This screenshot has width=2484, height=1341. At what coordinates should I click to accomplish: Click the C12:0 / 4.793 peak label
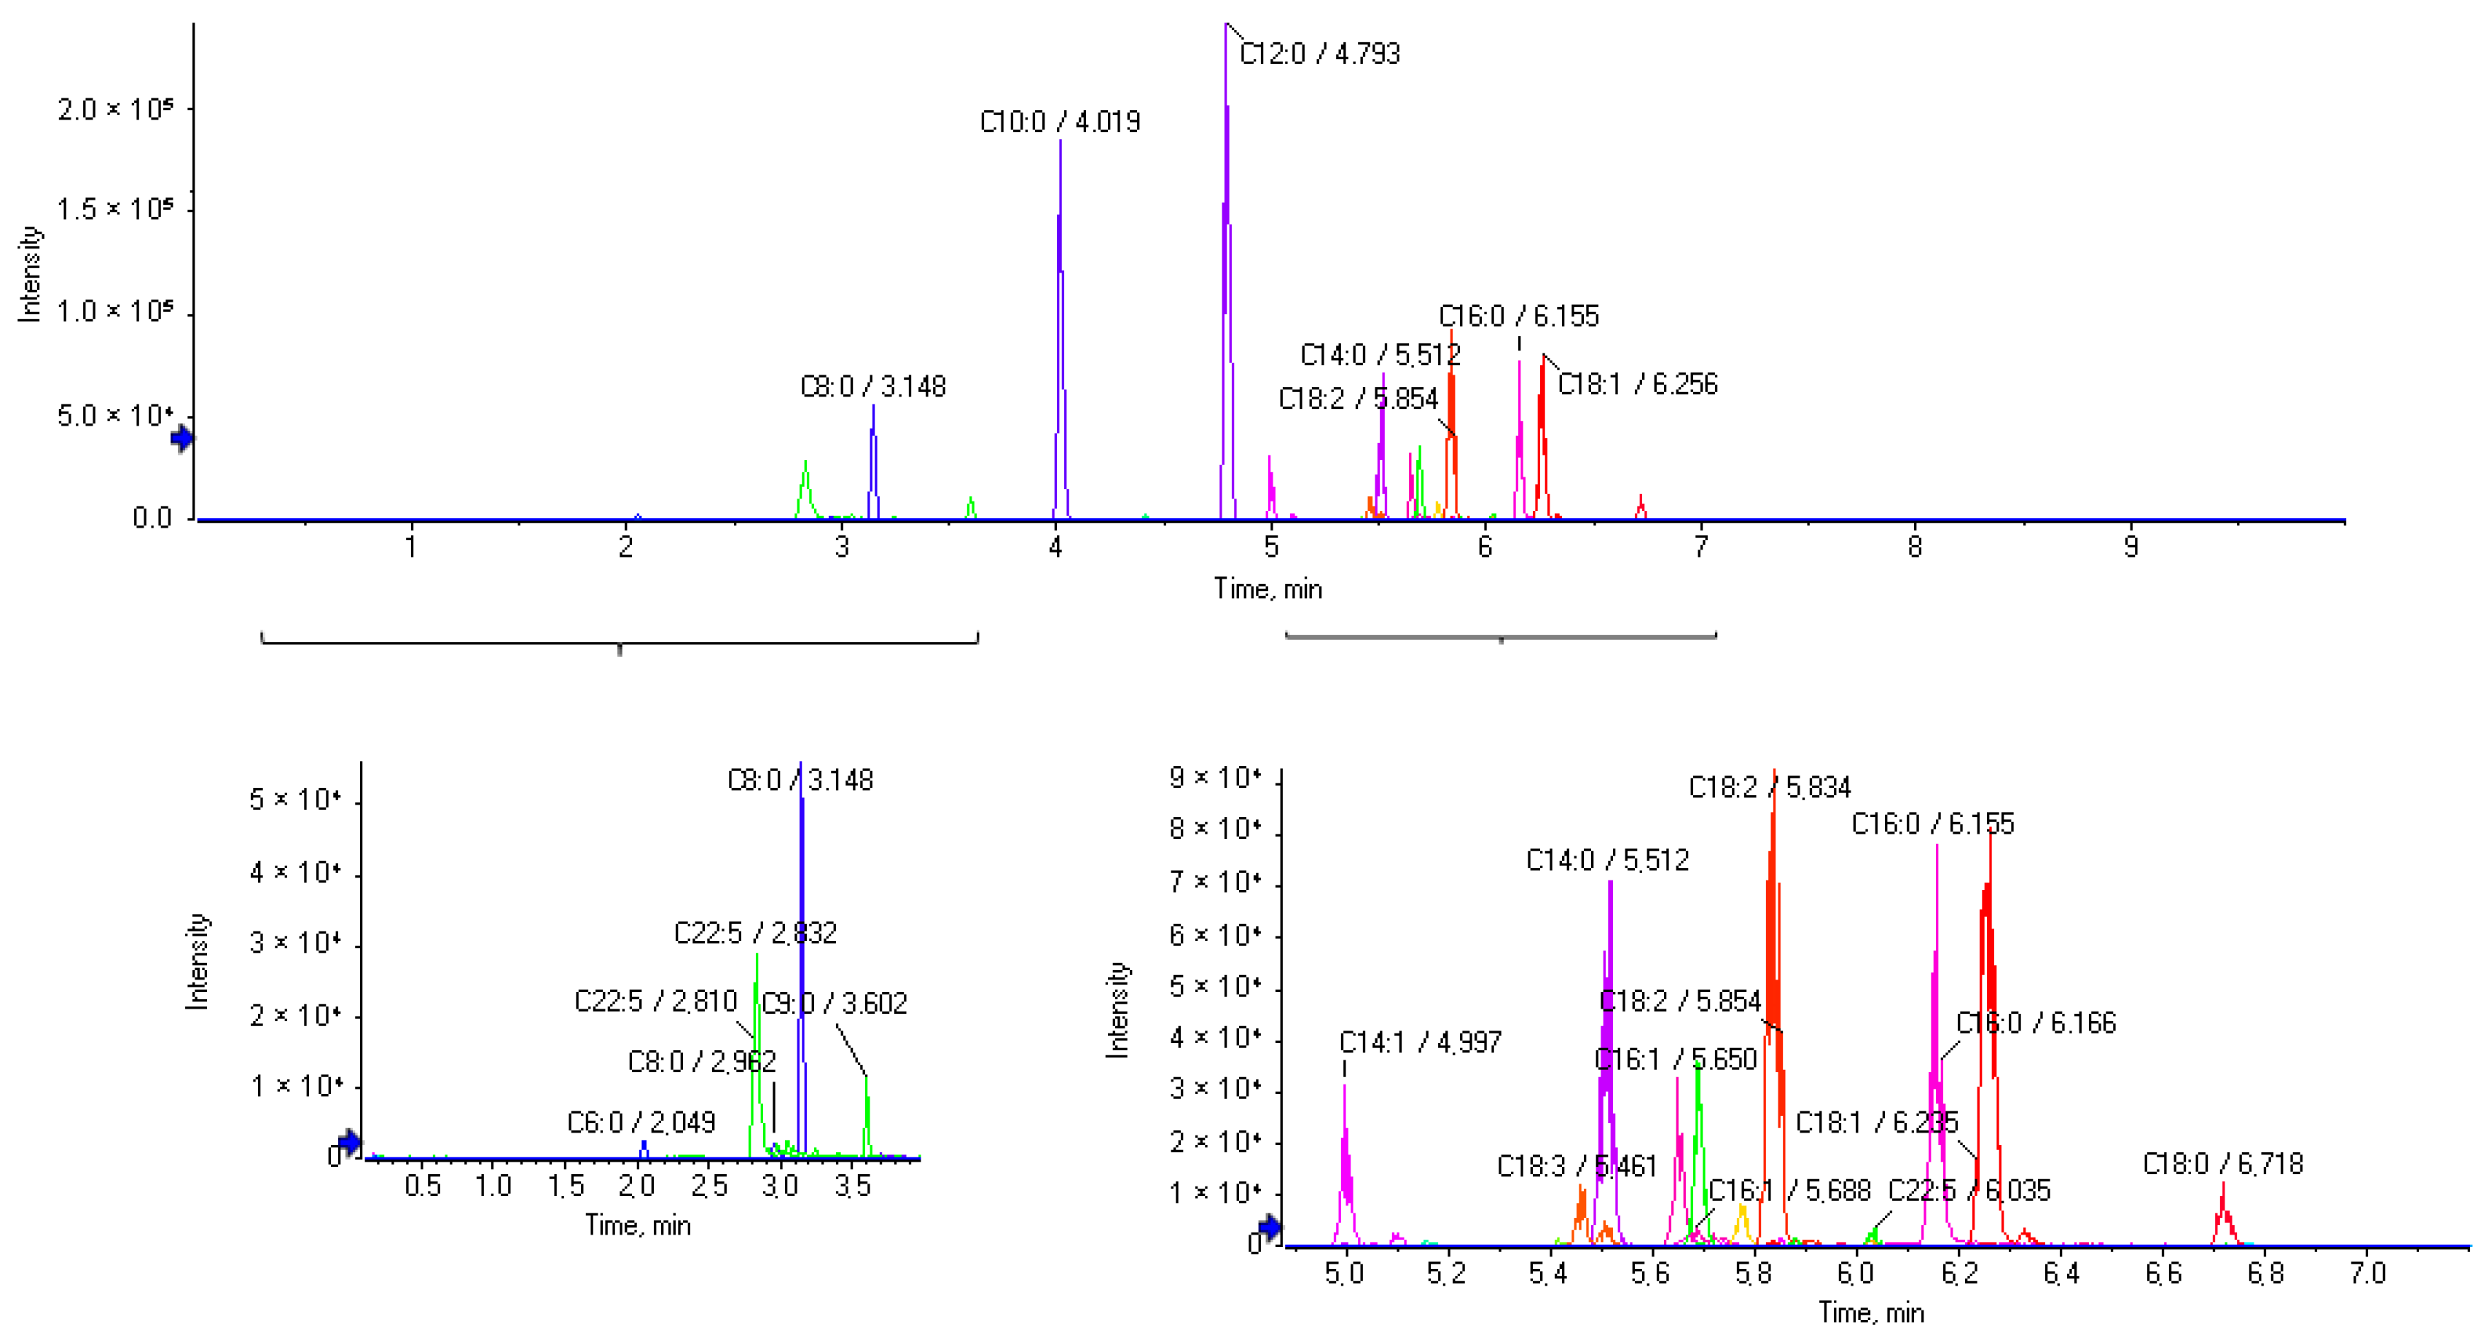click(1319, 54)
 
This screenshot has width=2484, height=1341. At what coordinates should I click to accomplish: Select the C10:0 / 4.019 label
click(1060, 122)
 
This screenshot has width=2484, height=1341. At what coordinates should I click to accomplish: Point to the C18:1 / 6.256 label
click(1637, 385)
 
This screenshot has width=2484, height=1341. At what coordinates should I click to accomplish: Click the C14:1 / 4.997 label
click(1419, 1042)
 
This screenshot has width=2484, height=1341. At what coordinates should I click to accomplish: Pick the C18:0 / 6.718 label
click(2222, 1165)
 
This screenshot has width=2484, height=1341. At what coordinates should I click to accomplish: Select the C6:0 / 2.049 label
click(641, 1122)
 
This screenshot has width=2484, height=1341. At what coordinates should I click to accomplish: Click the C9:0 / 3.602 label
click(834, 1004)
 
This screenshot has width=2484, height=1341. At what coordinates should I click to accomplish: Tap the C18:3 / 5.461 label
click(1577, 1167)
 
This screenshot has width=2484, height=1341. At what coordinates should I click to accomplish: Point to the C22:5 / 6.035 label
click(1968, 1191)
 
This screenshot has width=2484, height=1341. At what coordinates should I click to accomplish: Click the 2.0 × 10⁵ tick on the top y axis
click(114, 109)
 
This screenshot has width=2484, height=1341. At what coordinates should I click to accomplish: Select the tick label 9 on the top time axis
click(2130, 547)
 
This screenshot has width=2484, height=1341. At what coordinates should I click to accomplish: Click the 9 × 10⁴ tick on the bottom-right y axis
click(1215, 777)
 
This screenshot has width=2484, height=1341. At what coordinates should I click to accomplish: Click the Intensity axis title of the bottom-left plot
click(198, 961)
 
